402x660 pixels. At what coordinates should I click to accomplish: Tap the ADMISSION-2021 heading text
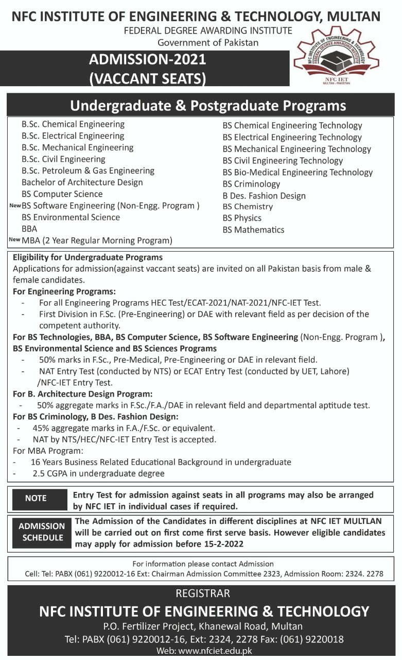tap(148, 59)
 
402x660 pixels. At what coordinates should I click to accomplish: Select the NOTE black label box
tap(36, 499)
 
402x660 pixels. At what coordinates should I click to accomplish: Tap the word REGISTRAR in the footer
tap(203, 593)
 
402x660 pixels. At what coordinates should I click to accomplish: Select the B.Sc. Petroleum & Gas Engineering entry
tap(88, 171)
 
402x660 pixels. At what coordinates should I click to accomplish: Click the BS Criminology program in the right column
tap(251, 184)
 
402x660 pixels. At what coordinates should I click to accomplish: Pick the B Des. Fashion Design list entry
tap(264, 196)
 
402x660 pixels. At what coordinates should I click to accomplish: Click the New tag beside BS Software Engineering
tap(14, 205)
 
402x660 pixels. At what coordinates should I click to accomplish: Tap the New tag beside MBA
tap(14, 239)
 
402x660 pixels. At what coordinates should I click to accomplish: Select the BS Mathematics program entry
tap(253, 230)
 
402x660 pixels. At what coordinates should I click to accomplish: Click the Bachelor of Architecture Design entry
tap(82, 183)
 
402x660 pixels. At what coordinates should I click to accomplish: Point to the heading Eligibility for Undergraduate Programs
tap(88, 257)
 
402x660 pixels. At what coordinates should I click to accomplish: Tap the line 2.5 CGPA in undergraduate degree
tap(98, 473)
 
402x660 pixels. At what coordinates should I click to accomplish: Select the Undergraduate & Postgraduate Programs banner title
tap(208, 106)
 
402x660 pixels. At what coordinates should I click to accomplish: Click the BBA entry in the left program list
tap(29, 228)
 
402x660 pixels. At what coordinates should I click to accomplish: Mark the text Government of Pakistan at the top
tap(208, 42)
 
